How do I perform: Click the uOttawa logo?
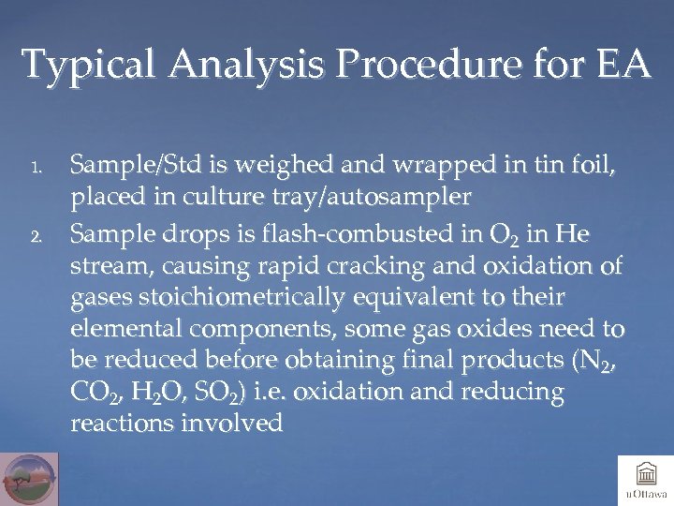click(x=644, y=478)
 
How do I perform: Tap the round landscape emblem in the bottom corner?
click(x=30, y=479)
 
